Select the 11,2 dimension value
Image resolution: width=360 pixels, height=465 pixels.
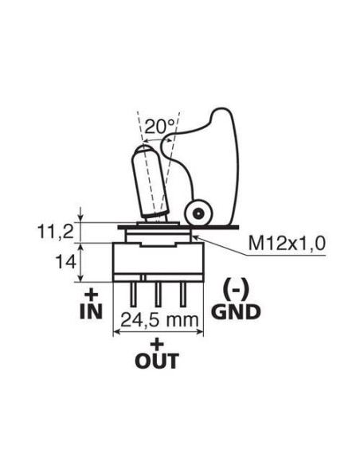(55, 232)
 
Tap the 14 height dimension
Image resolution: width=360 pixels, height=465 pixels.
(65, 262)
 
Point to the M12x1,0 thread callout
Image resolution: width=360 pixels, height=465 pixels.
(287, 244)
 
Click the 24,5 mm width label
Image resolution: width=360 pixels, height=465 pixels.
(159, 320)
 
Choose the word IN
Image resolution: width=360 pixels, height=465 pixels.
(91, 311)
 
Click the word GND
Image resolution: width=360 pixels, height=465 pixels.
(236, 312)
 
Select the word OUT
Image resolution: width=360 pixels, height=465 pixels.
(157, 361)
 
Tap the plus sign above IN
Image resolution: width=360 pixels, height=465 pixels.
(91, 295)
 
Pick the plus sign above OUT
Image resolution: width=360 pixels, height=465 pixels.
(157, 344)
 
